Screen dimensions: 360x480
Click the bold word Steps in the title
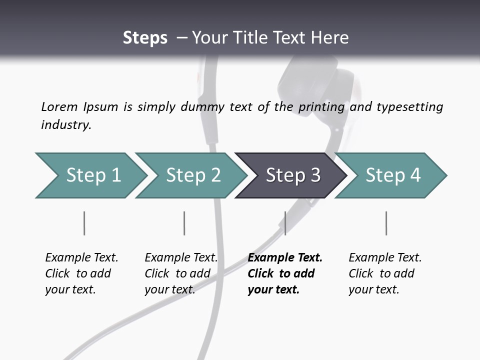click(x=145, y=38)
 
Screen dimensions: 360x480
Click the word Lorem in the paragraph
click(x=59, y=107)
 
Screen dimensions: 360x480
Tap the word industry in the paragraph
click(x=66, y=125)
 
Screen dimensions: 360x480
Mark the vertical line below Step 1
click(x=84, y=223)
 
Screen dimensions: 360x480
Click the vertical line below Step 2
click(x=184, y=223)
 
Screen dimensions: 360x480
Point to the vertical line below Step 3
click(x=285, y=223)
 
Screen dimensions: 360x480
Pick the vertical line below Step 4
click(x=386, y=223)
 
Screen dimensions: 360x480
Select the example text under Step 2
click(x=180, y=273)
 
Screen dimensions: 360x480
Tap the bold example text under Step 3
click(x=284, y=273)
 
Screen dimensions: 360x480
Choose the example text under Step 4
click(x=384, y=273)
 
